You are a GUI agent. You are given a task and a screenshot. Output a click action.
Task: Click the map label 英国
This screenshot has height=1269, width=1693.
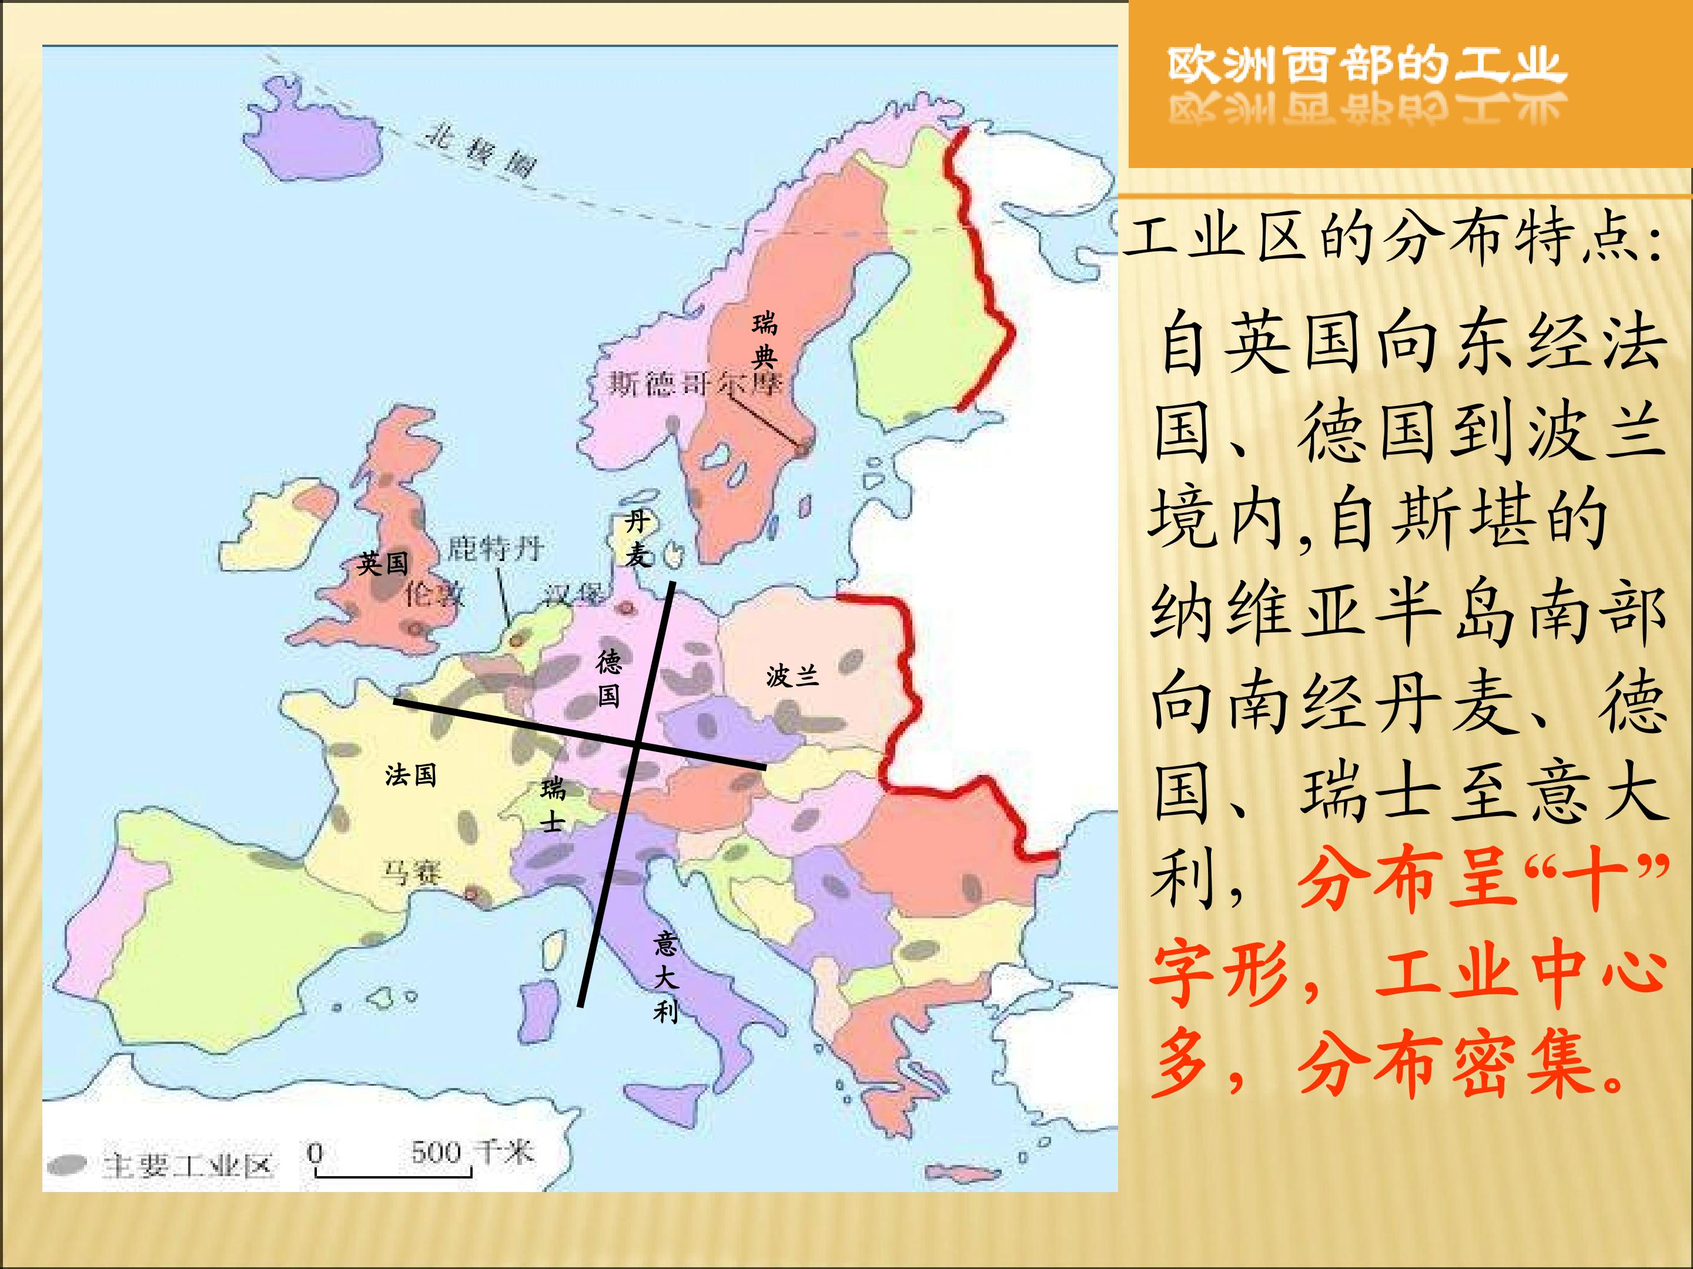click(383, 564)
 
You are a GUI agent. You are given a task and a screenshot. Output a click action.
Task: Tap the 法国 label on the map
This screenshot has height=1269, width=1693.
click(411, 775)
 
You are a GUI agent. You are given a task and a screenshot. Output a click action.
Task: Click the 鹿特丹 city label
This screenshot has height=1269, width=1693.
click(494, 548)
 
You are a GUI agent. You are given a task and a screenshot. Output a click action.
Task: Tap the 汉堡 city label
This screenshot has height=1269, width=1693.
click(573, 595)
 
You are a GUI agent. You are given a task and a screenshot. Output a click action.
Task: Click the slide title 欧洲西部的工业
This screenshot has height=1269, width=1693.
click(1367, 66)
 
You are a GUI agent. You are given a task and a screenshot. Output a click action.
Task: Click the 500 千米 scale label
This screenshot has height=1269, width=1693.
click(471, 1151)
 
